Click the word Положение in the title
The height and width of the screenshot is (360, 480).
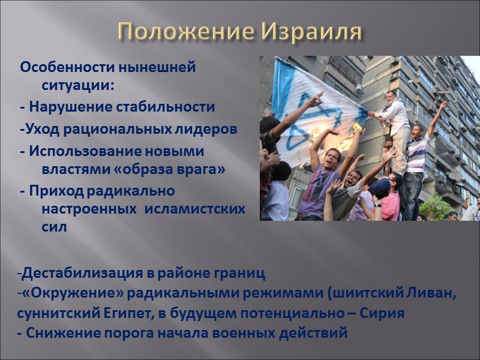(x=177, y=31)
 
